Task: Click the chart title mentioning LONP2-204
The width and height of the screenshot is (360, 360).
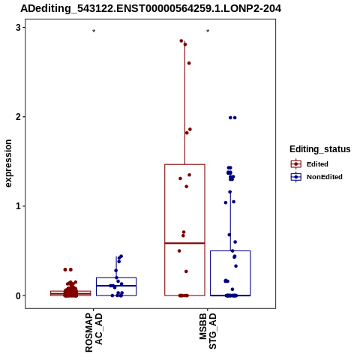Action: (x=151, y=8)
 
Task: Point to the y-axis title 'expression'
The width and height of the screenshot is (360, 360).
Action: (x=8, y=163)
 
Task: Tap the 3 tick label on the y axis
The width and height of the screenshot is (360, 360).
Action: (x=18, y=28)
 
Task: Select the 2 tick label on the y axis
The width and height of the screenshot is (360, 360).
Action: (x=18, y=117)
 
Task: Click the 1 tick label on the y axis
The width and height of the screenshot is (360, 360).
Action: (x=18, y=206)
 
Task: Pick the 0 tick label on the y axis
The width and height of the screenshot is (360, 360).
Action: (x=18, y=295)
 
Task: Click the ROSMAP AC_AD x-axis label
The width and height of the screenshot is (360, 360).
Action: (x=94, y=333)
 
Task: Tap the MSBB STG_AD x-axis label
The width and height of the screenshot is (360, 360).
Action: (x=208, y=331)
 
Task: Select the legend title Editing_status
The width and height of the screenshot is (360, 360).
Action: (x=320, y=149)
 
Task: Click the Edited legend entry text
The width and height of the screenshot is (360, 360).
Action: (x=317, y=164)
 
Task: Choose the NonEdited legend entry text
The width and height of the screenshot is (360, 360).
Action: (x=325, y=177)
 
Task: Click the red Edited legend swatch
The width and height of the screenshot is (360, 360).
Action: (x=296, y=164)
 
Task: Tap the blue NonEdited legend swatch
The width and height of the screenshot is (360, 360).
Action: (x=296, y=177)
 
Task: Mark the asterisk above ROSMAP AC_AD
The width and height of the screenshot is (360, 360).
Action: (x=94, y=31)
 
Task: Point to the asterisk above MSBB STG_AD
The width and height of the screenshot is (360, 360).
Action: (x=208, y=31)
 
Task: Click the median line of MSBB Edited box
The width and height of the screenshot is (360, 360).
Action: (x=184, y=243)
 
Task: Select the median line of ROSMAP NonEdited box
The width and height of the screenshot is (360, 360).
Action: (x=116, y=286)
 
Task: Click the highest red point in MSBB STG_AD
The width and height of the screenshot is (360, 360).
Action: (x=181, y=41)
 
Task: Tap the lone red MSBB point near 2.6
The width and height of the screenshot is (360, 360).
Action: (x=189, y=63)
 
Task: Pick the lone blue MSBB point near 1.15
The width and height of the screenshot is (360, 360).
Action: (x=230, y=192)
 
